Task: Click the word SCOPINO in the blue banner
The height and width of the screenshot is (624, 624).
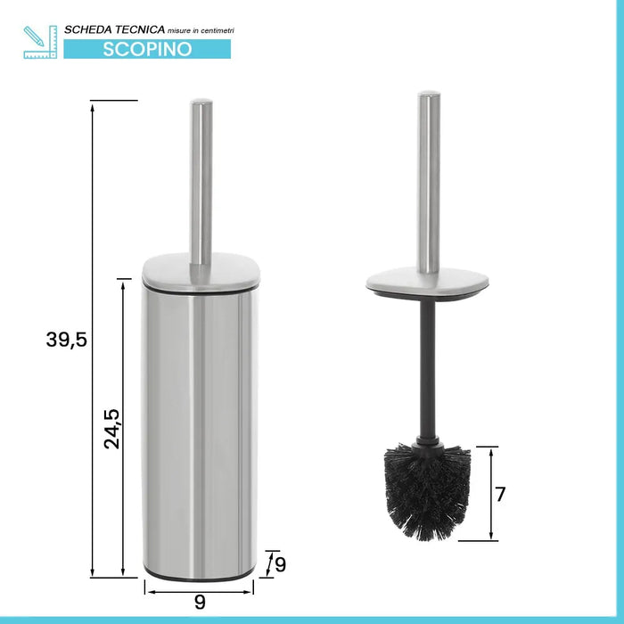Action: pos(147,49)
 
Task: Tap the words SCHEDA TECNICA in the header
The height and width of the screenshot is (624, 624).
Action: pos(115,29)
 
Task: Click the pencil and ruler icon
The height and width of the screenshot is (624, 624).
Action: pos(40,42)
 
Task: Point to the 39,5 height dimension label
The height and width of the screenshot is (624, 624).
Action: pos(66,341)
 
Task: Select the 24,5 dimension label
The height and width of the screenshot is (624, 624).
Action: pos(111,429)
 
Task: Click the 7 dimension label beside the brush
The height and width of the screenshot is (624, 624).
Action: pos(500,494)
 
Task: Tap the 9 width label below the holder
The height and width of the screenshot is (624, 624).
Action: pos(200,602)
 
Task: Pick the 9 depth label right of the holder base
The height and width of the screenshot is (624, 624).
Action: pos(281,564)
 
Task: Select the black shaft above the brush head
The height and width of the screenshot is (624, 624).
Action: pos(427,369)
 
